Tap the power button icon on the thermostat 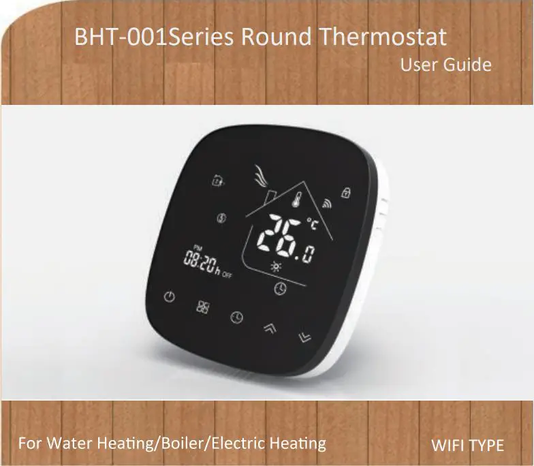(170, 297)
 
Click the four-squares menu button (203, 307)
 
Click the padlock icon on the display (346, 193)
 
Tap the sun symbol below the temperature (276, 266)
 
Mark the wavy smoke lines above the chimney (259, 177)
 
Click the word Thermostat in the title (383, 37)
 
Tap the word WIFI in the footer (450, 446)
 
